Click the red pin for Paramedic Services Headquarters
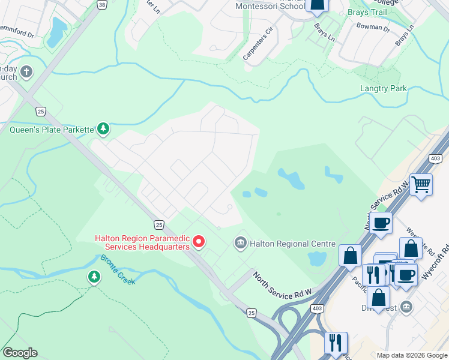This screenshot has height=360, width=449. point(198,242)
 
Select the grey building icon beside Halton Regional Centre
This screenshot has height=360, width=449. point(240,243)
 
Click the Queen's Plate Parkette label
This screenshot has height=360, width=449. point(52,129)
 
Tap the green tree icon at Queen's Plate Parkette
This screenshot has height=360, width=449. point(104,128)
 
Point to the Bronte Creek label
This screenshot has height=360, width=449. point(118,269)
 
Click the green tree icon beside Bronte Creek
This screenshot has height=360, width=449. point(93,277)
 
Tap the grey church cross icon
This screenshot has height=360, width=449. point(26,73)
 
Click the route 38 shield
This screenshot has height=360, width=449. point(101,4)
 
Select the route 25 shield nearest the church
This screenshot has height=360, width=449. point(40,111)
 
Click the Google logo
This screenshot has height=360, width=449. point(20,353)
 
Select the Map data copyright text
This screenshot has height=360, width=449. point(412,355)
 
